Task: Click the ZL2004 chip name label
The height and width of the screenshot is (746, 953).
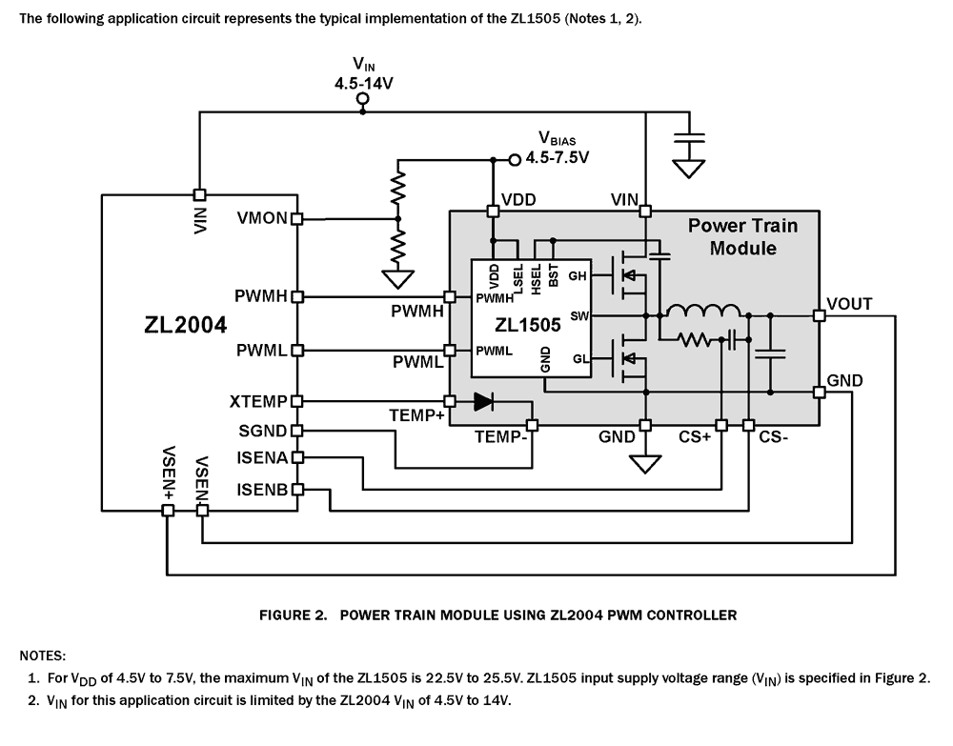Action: [x=186, y=325]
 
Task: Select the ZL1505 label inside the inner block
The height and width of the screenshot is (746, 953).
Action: [x=528, y=325]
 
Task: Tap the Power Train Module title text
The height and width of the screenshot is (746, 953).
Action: [x=742, y=236]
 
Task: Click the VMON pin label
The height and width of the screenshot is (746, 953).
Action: [x=262, y=218]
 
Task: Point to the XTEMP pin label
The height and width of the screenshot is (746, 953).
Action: [x=259, y=402]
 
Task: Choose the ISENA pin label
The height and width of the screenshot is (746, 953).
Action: [x=263, y=459]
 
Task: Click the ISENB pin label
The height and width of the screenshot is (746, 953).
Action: [x=263, y=490]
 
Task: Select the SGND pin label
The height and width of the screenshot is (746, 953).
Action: [x=263, y=432]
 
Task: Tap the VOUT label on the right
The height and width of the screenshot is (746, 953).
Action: [x=850, y=305]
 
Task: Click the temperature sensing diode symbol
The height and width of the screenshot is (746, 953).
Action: [x=484, y=402]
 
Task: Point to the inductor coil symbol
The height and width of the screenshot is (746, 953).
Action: [x=703, y=311]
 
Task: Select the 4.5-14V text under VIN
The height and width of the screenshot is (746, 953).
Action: [x=363, y=83]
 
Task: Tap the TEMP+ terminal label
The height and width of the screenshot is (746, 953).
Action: [x=416, y=416]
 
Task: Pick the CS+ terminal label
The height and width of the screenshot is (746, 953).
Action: [x=695, y=438]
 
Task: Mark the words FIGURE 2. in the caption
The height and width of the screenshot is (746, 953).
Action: [x=294, y=615]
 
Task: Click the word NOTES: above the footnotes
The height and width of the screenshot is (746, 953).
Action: [x=43, y=655]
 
